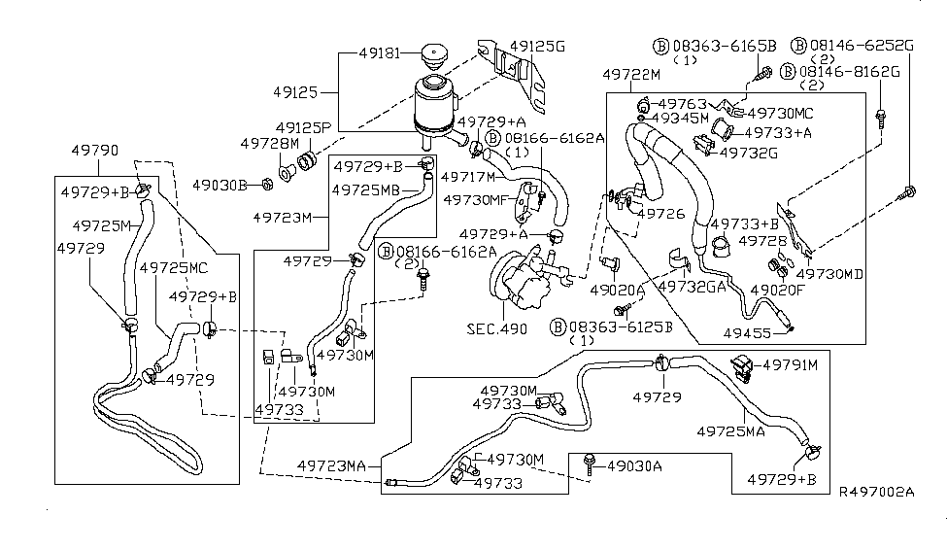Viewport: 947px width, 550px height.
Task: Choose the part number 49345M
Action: pos(682,118)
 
